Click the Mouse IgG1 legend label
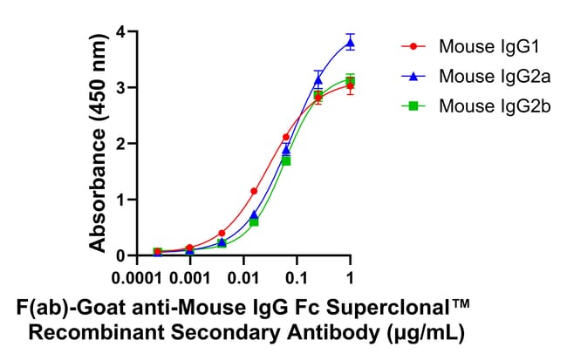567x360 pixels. click(x=479, y=45)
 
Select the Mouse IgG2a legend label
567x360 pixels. click(x=483, y=75)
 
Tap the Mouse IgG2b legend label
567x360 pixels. click(x=483, y=105)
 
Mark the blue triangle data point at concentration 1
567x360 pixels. click(x=350, y=42)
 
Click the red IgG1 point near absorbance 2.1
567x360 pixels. click(x=286, y=137)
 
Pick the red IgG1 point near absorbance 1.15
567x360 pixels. click(x=254, y=191)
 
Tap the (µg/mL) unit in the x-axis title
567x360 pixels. click(x=422, y=332)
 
